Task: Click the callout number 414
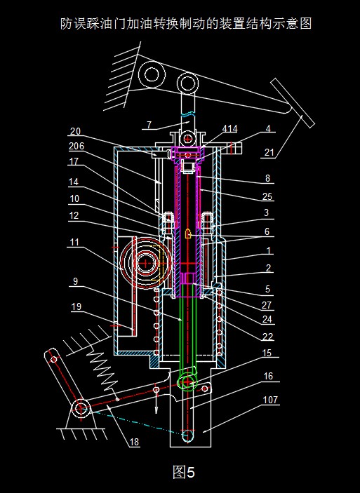coord(229,128)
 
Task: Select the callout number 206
coord(76,146)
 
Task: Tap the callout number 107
coord(270,400)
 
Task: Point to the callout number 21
coord(269,152)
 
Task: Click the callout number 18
coord(134,442)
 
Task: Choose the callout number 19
coord(76,307)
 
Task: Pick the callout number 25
coord(267,196)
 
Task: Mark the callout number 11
coord(74,243)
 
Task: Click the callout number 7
coord(149,125)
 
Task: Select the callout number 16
coord(268,376)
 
